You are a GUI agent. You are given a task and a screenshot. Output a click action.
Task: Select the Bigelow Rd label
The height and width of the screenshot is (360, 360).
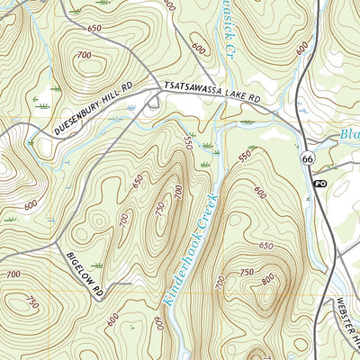tap(86, 274)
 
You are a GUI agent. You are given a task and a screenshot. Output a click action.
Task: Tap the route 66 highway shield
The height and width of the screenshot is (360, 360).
tap(309, 158)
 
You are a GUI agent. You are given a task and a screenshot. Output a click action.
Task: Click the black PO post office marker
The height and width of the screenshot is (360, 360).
tap(319, 184)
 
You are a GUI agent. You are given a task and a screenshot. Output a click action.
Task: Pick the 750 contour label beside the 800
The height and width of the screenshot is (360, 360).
tap(247, 273)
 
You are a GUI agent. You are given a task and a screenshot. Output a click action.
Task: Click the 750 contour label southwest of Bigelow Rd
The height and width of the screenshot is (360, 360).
tap(32, 301)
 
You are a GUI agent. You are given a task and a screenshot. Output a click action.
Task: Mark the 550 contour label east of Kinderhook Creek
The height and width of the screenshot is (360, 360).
tap(244, 157)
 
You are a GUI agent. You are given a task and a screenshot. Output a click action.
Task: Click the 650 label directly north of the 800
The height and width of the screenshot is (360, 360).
tap(265, 245)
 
